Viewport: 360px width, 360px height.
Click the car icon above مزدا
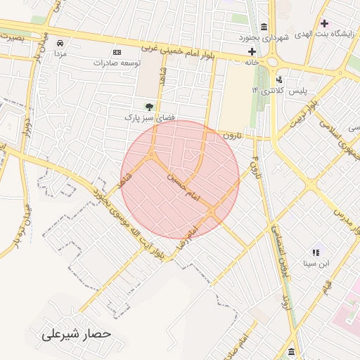[60, 43]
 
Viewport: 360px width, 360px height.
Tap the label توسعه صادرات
[117, 63]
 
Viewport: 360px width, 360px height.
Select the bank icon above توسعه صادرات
[117, 52]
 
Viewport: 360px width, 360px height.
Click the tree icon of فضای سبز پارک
[148, 106]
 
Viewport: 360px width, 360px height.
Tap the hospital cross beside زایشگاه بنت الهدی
[324, 23]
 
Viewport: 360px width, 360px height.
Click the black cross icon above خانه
[252, 51]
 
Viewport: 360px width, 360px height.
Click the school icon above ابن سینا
[315, 252]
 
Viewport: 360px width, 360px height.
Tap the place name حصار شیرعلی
[77, 333]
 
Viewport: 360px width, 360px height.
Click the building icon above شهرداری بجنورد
[264, 25]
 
